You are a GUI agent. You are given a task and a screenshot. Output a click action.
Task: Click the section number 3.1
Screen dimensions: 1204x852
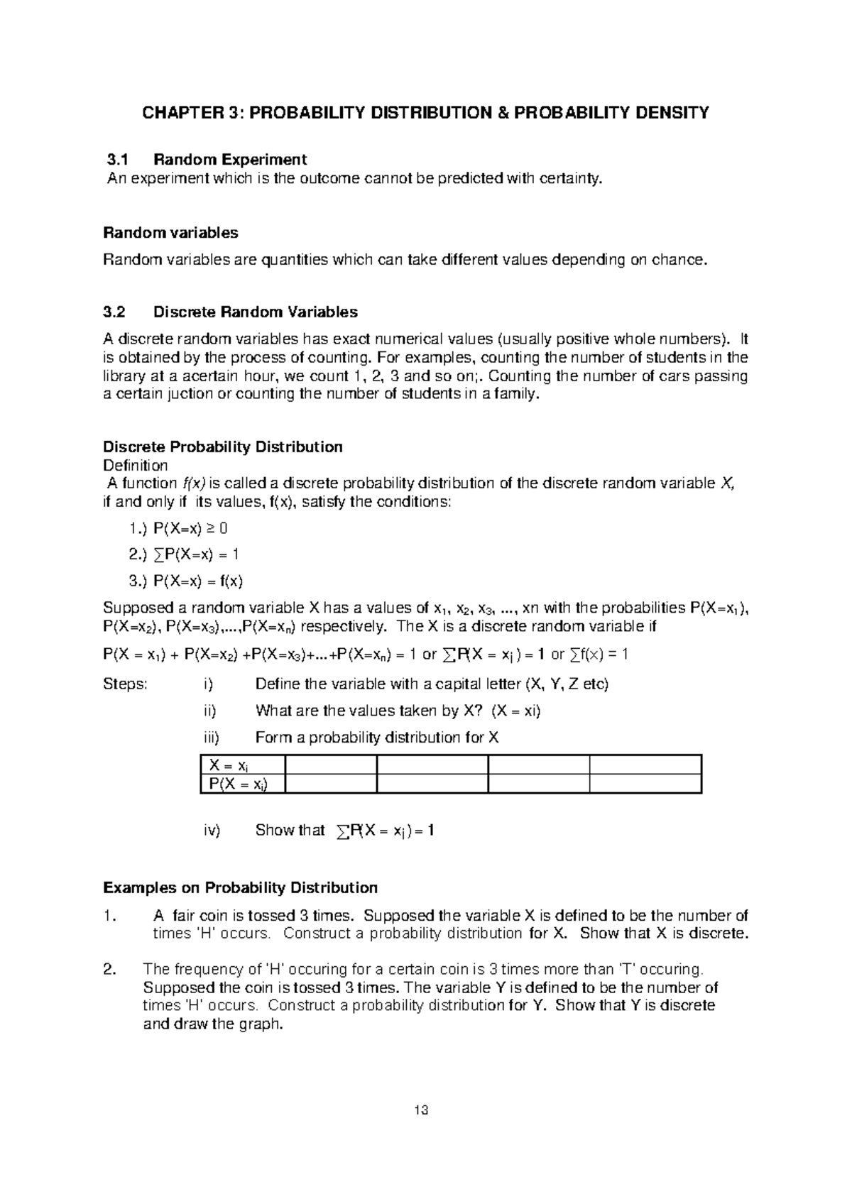(115, 159)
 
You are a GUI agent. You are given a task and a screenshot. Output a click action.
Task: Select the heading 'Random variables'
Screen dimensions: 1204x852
(170, 233)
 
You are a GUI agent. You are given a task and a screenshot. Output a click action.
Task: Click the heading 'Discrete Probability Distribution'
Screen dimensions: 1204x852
(223, 447)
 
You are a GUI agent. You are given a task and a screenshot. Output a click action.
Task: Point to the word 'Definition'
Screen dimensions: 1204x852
(136, 466)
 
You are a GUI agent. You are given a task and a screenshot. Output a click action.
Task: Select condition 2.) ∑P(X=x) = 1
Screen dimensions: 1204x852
(184, 554)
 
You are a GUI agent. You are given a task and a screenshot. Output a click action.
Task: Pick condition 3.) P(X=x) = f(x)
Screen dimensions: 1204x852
(186, 581)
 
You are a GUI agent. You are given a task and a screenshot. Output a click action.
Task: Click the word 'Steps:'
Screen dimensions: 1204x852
(125, 684)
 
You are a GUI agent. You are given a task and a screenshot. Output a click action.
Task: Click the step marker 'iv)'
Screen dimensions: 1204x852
(212, 831)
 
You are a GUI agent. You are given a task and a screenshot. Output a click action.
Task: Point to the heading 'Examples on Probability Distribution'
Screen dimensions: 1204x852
(240, 888)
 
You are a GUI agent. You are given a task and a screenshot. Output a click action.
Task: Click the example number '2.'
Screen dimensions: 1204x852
(109, 970)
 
